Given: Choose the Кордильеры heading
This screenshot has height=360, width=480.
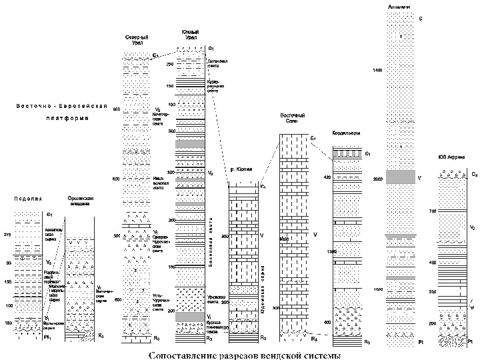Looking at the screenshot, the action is pyautogui.click(x=346, y=133).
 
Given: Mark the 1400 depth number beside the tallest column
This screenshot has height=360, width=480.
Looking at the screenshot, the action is pyautogui.click(x=378, y=70).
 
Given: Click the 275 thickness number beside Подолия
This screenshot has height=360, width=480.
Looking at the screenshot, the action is pyautogui.click(x=7, y=235).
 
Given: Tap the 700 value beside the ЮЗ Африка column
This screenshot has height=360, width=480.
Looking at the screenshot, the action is pyautogui.click(x=432, y=211).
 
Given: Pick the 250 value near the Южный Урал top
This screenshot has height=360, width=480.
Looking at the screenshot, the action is pyautogui.click(x=170, y=65).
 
